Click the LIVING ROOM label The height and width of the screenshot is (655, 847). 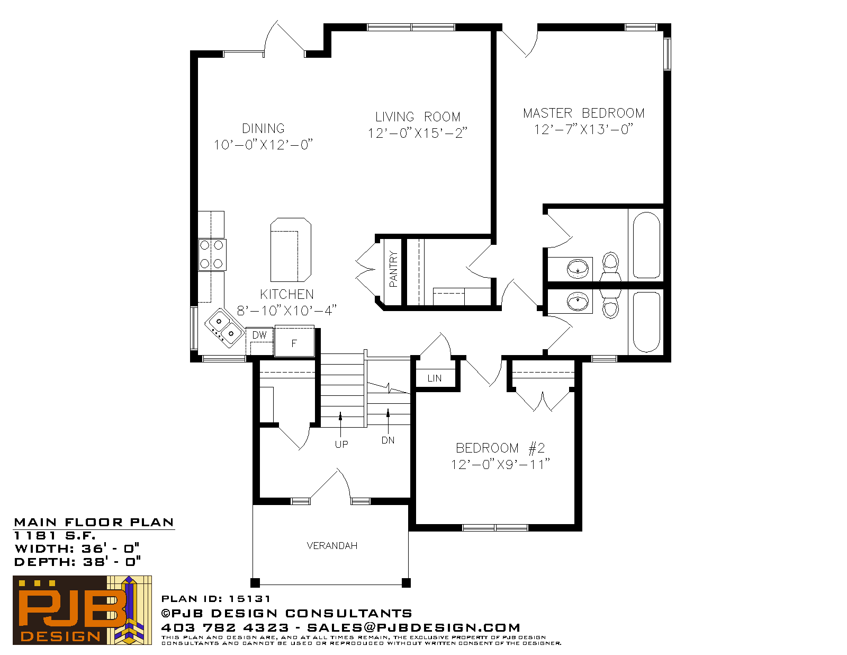pos(418,117)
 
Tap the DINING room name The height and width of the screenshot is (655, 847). pos(263,128)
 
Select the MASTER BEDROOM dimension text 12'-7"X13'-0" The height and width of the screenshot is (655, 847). pos(583,129)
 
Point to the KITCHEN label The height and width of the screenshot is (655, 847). pos(286,294)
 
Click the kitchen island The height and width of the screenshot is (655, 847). pos(291,250)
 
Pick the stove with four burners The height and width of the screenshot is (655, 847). pos(212,255)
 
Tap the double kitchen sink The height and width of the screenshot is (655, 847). pos(224,327)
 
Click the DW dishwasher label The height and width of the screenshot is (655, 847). pos(259,335)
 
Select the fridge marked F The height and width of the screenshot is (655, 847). pos(294,341)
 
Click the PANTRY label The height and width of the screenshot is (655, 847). pos(393,269)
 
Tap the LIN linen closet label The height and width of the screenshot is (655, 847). pos(434,378)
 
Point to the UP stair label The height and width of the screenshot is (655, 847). pos(341,444)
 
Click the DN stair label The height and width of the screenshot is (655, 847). pos(388,440)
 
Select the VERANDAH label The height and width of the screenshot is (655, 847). pos(332,545)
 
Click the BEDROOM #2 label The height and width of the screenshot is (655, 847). pos(500,448)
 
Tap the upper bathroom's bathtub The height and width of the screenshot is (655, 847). pos(646,245)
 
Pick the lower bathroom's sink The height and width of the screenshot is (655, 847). pos(578,302)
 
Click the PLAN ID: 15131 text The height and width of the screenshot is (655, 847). pos(215,598)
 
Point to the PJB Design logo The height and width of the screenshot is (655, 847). pos(82,610)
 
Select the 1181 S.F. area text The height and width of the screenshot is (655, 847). pos(55,535)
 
